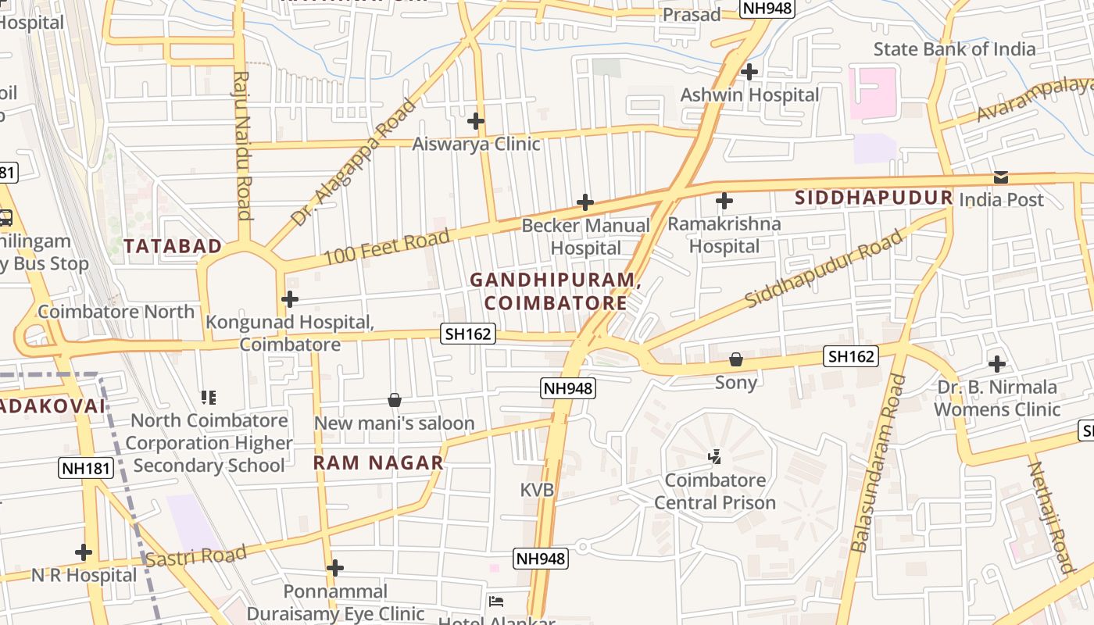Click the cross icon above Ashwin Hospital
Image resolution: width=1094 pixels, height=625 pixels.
click(x=749, y=72)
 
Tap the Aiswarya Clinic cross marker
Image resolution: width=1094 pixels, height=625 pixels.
click(x=476, y=121)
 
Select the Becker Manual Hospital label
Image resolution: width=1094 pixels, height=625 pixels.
click(x=585, y=237)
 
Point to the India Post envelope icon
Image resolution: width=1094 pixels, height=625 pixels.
click(x=1001, y=177)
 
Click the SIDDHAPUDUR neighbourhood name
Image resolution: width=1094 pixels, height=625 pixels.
click(x=874, y=198)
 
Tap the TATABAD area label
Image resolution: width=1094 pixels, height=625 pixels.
click(x=173, y=246)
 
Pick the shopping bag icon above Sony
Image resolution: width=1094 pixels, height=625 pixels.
click(x=735, y=359)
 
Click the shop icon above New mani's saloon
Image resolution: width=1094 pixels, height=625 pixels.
click(x=395, y=400)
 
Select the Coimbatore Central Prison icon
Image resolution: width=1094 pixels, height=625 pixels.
click(x=714, y=456)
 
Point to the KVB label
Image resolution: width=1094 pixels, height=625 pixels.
click(x=537, y=490)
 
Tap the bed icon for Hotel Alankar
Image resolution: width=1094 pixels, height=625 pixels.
click(x=495, y=602)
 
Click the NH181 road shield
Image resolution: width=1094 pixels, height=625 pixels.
click(x=86, y=469)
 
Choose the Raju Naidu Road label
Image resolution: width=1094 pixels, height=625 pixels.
click(x=243, y=146)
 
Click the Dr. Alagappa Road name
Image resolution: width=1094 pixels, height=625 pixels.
click(x=354, y=162)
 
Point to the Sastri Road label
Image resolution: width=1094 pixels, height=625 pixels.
click(x=196, y=557)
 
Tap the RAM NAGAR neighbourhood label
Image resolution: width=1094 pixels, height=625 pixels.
click(x=378, y=462)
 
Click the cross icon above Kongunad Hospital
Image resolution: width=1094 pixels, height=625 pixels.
click(x=290, y=299)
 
